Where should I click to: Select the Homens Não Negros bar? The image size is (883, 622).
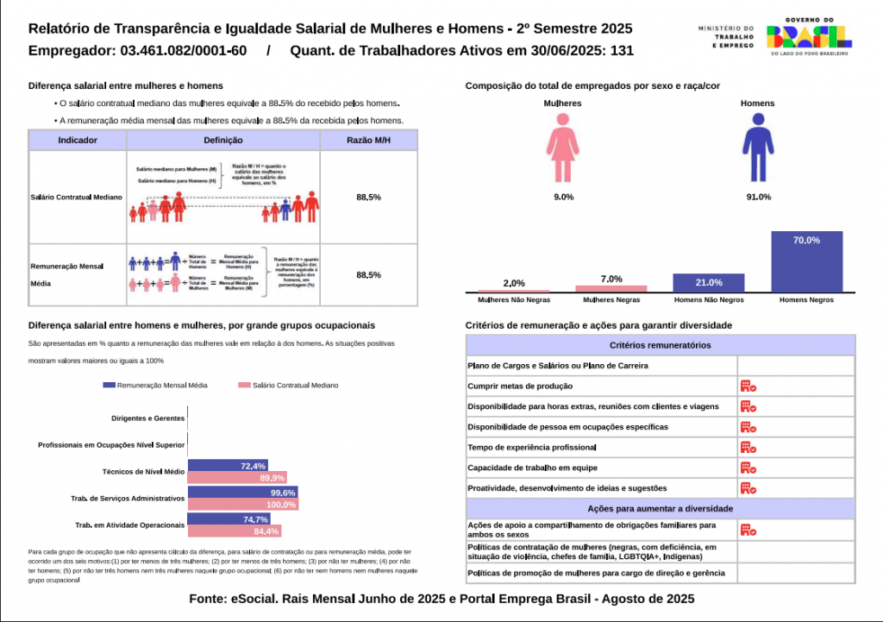point(709,283)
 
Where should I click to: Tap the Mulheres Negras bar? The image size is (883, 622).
point(611,288)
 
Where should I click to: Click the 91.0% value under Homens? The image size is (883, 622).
point(758,198)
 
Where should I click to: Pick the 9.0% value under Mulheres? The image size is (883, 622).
point(563,198)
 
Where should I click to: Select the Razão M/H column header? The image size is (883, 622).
point(368,140)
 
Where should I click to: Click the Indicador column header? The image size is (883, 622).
point(77,140)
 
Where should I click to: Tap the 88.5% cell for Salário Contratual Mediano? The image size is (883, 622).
point(368,198)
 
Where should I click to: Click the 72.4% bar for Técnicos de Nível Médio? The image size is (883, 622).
point(228,466)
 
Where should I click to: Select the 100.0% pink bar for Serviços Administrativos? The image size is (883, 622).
point(242,505)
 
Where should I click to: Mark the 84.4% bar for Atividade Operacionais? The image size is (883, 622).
point(235,531)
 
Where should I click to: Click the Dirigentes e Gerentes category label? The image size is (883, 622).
point(148,418)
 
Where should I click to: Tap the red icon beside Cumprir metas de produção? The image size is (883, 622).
point(748,386)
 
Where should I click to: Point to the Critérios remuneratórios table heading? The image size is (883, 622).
point(660,345)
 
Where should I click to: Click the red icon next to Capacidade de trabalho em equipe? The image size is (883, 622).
point(748,468)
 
